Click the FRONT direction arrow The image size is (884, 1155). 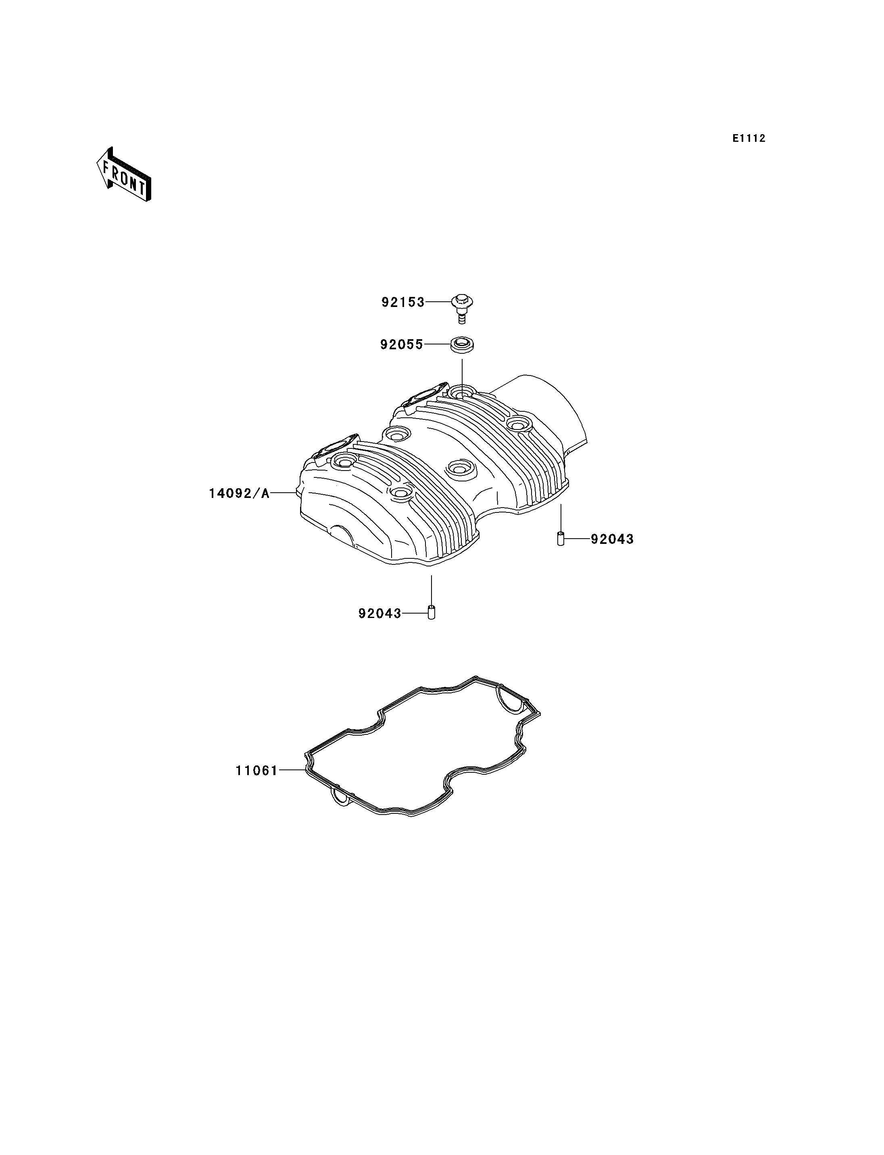click(x=124, y=174)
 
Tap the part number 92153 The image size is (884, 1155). click(x=402, y=302)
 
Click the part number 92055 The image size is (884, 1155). click(x=402, y=344)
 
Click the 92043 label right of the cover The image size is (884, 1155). click(x=612, y=539)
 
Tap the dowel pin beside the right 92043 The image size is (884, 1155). click(x=561, y=539)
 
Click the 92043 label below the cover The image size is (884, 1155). click(x=380, y=613)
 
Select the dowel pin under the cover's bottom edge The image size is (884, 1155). click(x=432, y=612)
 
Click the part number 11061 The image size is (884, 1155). click(x=256, y=770)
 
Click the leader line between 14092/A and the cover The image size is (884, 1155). click(x=283, y=493)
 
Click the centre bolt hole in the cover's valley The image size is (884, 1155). click(x=459, y=467)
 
